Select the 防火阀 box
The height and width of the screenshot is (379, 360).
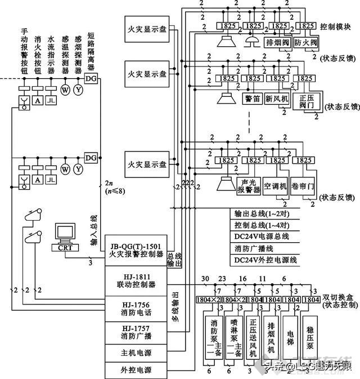306,43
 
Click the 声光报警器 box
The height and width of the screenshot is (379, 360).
249,186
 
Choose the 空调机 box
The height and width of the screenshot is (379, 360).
276,186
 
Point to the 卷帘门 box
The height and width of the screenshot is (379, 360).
302,186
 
